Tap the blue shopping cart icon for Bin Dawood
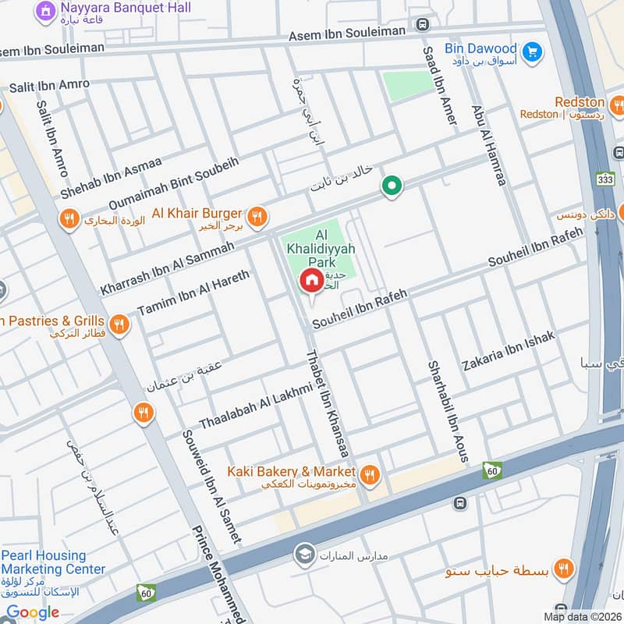coord(533,51)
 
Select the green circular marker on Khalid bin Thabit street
coord(392,186)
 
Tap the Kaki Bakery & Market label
coord(291,472)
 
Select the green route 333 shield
coord(604,178)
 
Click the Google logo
coord(33,612)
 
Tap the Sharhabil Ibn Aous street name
coord(447,411)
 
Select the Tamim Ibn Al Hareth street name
coord(193,293)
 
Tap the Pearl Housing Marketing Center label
coord(52,562)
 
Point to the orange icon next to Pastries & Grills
coord(119,324)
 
